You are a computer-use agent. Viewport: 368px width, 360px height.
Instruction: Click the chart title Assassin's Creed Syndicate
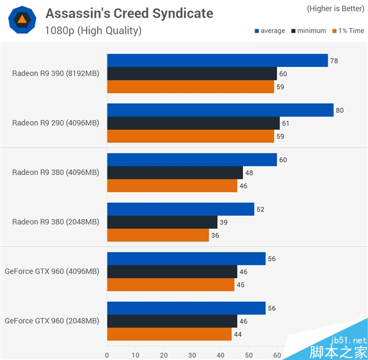point(129,13)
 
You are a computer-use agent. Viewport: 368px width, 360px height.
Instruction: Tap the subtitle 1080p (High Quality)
point(93,30)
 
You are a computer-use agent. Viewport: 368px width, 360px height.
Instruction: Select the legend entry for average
point(269,31)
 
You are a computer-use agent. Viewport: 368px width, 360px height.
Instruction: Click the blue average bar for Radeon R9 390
point(217,60)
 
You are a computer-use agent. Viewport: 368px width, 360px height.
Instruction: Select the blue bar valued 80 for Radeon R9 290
point(220,110)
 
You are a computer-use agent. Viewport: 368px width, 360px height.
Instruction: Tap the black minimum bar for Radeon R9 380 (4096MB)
point(175,173)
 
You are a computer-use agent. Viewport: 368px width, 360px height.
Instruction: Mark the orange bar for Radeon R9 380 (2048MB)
point(158,236)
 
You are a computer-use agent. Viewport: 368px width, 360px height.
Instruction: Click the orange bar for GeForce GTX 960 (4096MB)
point(171,285)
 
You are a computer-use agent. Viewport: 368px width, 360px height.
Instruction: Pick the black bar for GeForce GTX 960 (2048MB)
point(172,321)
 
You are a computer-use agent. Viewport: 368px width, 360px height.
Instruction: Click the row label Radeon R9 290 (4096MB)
point(55,123)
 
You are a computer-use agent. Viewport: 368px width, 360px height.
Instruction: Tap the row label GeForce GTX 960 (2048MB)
point(52,321)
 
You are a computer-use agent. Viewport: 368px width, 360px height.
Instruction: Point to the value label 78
point(334,61)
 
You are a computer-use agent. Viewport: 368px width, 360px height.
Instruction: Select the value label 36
point(215,236)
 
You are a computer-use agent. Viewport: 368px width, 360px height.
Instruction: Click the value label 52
point(260,210)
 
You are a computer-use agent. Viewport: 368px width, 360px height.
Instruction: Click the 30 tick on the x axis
point(192,354)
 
